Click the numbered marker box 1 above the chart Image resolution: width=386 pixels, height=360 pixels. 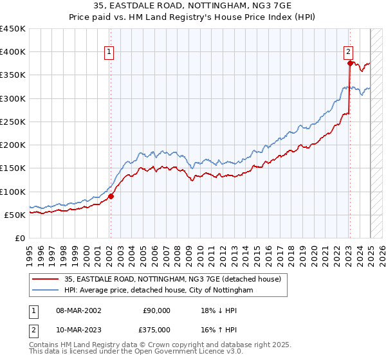pyautogui.click(x=109, y=53)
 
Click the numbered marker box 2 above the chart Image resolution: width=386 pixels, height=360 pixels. pyautogui.click(x=348, y=53)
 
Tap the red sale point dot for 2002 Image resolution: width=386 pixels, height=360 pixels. pyautogui.click(x=111, y=196)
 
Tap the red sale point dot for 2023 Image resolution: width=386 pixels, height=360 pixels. pyautogui.click(x=350, y=63)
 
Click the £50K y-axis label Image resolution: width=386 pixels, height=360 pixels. pyautogui.click(x=15, y=215)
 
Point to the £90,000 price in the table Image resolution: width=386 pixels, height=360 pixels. pyautogui.click(x=156, y=310)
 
